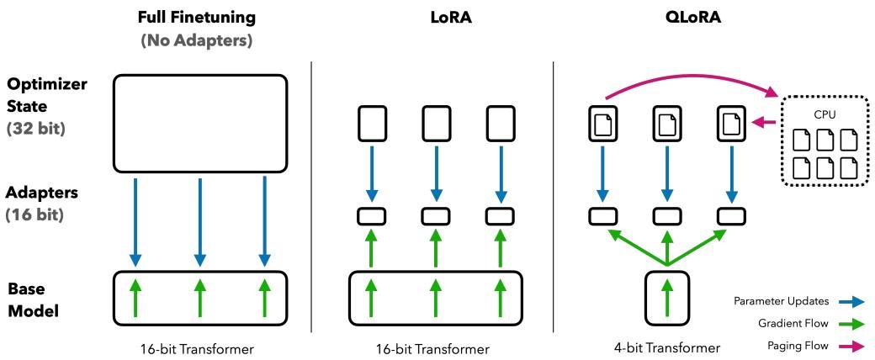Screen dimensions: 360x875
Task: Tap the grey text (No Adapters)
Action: tap(199, 38)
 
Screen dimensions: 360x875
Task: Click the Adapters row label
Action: tap(44, 193)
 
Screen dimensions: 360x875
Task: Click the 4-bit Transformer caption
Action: tap(666, 347)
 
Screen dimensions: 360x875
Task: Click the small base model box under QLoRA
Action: tap(666, 296)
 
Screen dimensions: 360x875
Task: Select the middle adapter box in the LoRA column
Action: tap(435, 215)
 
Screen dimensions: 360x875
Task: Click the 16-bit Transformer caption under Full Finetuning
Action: tap(199, 347)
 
